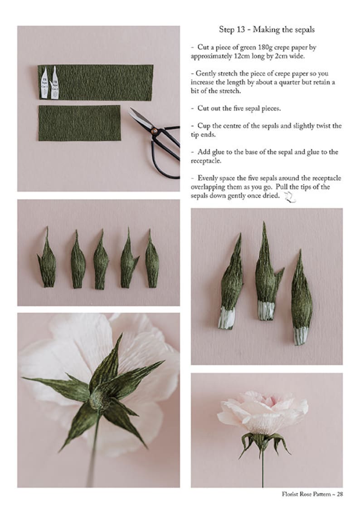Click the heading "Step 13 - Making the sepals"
click(x=267, y=30)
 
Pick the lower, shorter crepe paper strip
click(x=79, y=123)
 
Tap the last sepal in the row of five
click(x=151, y=261)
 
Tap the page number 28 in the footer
click(x=339, y=494)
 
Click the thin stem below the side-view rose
click(x=262, y=467)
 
